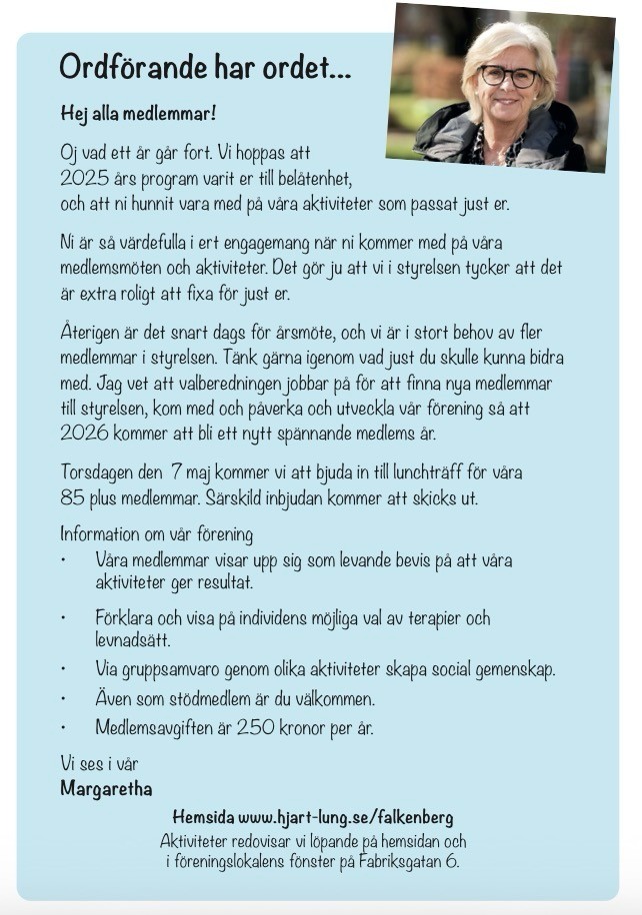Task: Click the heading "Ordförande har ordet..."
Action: pos(205,68)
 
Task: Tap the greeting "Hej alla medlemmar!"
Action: pos(138,114)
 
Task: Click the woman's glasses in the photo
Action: pos(508,76)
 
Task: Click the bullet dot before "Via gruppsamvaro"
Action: pos(64,670)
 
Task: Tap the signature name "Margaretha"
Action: pos(106,789)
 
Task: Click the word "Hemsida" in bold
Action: pos(203,817)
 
